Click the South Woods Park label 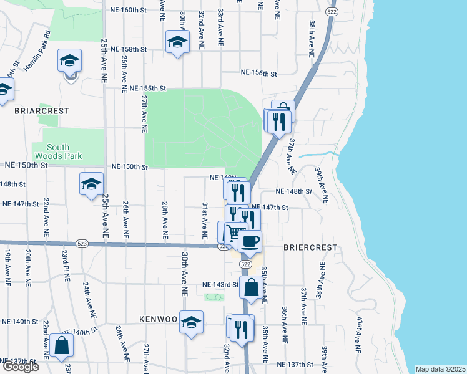point(66,151)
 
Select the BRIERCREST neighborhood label point(310,247)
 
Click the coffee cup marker point(250,242)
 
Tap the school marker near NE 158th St point(177,42)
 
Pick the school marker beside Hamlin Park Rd point(69,61)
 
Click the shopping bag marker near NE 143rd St point(251,288)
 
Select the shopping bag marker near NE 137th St point(62,345)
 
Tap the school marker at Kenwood point(192,322)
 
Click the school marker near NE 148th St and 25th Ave point(91,184)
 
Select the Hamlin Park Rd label point(37,52)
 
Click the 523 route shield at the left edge point(82,242)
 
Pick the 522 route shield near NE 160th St point(332,12)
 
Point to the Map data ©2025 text point(440,369)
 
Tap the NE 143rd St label point(221,285)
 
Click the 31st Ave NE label point(204,220)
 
